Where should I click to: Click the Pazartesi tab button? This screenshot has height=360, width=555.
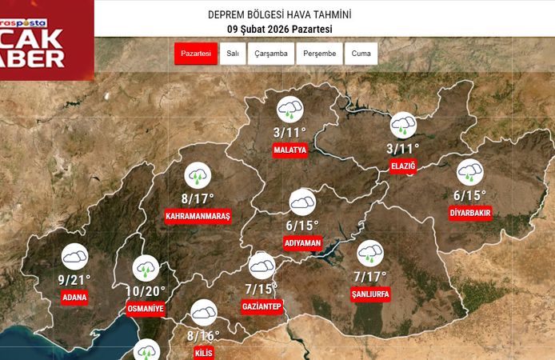[x=195, y=54]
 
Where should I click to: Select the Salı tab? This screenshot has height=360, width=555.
[x=233, y=54]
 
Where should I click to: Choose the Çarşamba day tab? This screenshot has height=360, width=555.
[x=271, y=54]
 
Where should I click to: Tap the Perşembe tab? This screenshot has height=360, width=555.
[x=320, y=54]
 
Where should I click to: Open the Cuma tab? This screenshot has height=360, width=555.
[x=361, y=54]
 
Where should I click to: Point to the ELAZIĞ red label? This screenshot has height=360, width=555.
[x=402, y=166]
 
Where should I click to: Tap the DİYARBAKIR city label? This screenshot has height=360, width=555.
[x=470, y=213]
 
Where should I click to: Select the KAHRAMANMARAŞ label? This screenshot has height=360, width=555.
[x=198, y=217]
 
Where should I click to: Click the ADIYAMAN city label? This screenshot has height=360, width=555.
[x=302, y=242]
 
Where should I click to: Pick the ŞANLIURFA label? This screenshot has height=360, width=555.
[x=370, y=294]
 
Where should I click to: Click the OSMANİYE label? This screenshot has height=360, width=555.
[x=146, y=309]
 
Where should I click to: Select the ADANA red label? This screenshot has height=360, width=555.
[x=74, y=297]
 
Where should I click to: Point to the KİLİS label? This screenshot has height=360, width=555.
[x=204, y=353]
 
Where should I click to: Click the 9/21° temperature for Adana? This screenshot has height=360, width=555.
[x=74, y=279]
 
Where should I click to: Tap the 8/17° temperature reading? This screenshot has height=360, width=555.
[x=198, y=198]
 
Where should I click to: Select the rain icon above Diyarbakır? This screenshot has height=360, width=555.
[x=469, y=171]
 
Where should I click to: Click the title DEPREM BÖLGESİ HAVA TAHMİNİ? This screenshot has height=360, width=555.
[x=279, y=15]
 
